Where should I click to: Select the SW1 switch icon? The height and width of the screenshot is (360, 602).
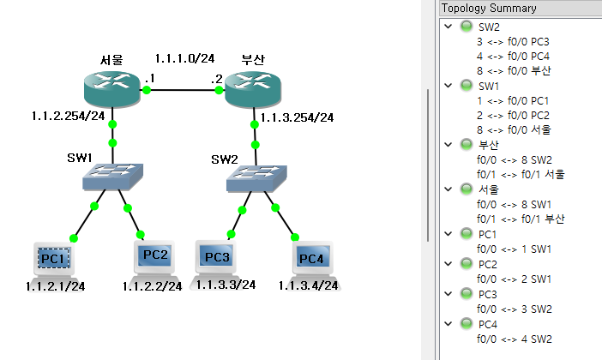coord(112,177)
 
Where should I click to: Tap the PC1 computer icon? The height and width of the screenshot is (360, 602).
coord(53,258)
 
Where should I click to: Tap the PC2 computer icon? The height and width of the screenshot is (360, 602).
coord(155,256)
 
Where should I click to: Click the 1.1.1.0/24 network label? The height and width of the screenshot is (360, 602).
coord(184,58)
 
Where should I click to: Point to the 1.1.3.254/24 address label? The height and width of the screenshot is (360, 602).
coord(297,117)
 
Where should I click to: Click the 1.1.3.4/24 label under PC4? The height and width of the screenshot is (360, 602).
coord(307,285)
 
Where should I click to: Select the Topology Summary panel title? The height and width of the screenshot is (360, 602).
coord(489,8)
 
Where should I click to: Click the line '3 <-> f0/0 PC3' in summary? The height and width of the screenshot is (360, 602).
coord(513,41)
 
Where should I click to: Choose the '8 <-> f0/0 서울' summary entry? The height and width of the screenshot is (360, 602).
coord(513,129)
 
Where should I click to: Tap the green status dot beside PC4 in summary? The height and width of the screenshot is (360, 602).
coord(467,323)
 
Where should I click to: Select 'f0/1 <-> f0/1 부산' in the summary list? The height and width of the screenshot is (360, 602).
coord(521,218)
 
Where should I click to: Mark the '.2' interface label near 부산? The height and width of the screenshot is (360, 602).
coord(218,79)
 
